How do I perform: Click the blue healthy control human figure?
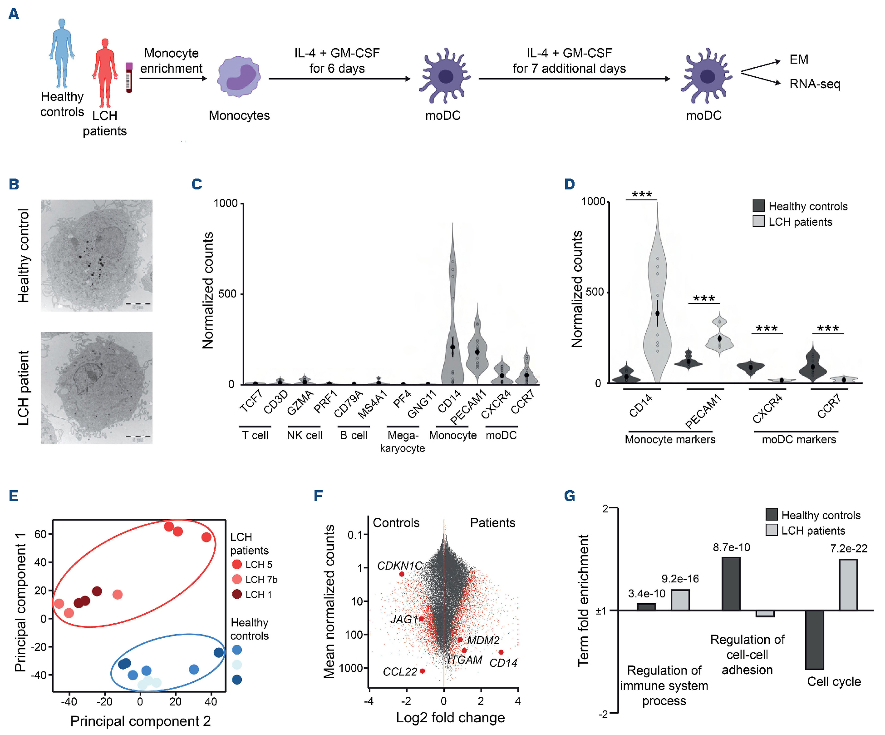pyautogui.click(x=62, y=52)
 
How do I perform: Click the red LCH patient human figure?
pyautogui.click(x=105, y=73)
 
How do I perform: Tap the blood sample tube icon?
pyautogui.click(x=129, y=77)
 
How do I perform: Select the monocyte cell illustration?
pyautogui.click(x=239, y=76)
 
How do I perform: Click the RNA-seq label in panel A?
pyautogui.click(x=815, y=84)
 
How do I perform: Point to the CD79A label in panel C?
pyautogui.click(x=349, y=404)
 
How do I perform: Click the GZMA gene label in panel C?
pyautogui.click(x=300, y=403)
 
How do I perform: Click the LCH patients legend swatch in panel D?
pyautogui.click(x=758, y=221)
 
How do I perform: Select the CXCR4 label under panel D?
pyautogui.click(x=767, y=408)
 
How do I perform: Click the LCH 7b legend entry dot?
pyautogui.click(x=237, y=579)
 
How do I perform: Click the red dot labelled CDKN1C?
pyautogui.click(x=402, y=574)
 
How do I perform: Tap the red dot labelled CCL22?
pyautogui.click(x=423, y=671)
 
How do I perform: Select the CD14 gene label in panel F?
pyautogui.click(x=503, y=663)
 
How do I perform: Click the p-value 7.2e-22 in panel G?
pyautogui.click(x=848, y=549)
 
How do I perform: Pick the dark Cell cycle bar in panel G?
pyautogui.click(x=814, y=640)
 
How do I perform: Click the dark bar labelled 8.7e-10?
pyautogui.click(x=731, y=584)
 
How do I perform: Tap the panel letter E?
pyautogui.click(x=14, y=496)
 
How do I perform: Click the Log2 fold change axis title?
pyautogui.click(x=450, y=718)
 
